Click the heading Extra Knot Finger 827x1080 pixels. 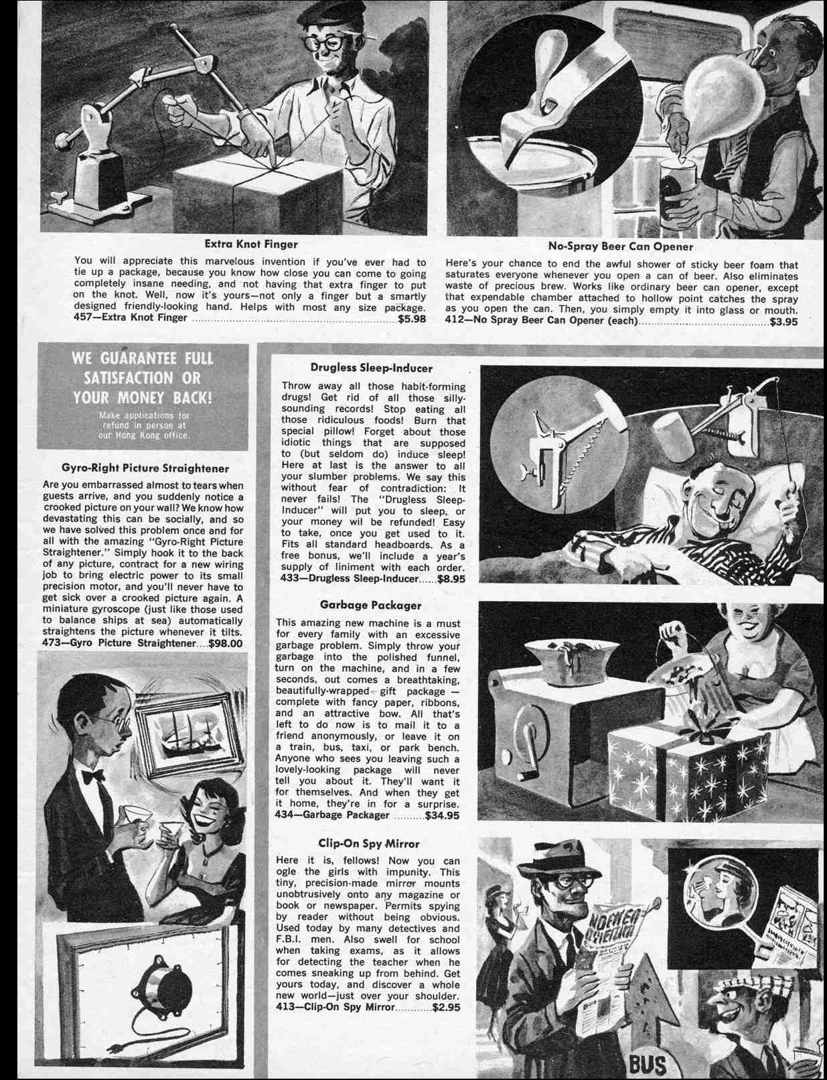click(251, 245)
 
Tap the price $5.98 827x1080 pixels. click(412, 318)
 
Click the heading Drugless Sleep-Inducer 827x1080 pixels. click(372, 368)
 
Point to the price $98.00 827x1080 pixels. click(226, 644)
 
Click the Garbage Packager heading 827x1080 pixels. click(370, 605)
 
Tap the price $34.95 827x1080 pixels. click(443, 815)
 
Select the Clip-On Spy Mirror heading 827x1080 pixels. click(370, 843)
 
